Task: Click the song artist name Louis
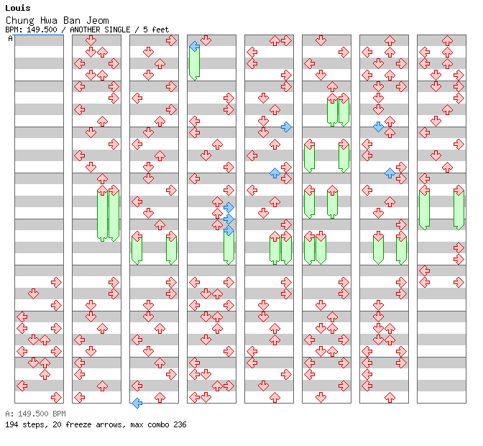pos(18,8)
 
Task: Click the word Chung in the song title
pos(19,21)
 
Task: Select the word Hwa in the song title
pos(49,20)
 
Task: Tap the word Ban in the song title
pos(72,20)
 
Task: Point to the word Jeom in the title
pos(97,20)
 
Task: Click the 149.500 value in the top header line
pos(42,29)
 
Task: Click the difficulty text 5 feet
pos(156,29)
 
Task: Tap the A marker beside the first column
pos(11,38)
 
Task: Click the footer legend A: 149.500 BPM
pos(35,414)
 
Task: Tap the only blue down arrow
pos(378,127)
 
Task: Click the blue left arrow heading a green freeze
pos(194,47)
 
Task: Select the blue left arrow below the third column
pos(137,403)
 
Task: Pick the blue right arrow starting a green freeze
pos(229,230)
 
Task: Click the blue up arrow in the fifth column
pos(275,173)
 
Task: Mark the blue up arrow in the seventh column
pos(390,173)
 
